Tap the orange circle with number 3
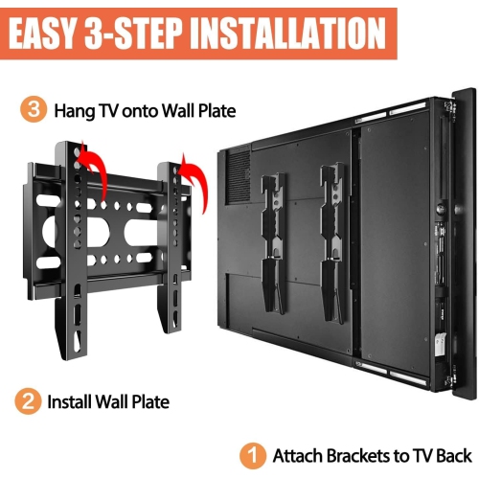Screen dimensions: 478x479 pyautogui.click(x=34, y=111)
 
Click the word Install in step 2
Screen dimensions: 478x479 pyautogui.click(x=71, y=401)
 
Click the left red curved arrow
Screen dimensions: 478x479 pyautogui.click(x=92, y=165)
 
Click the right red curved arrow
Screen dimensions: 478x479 pyautogui.click(x=193, y=180)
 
